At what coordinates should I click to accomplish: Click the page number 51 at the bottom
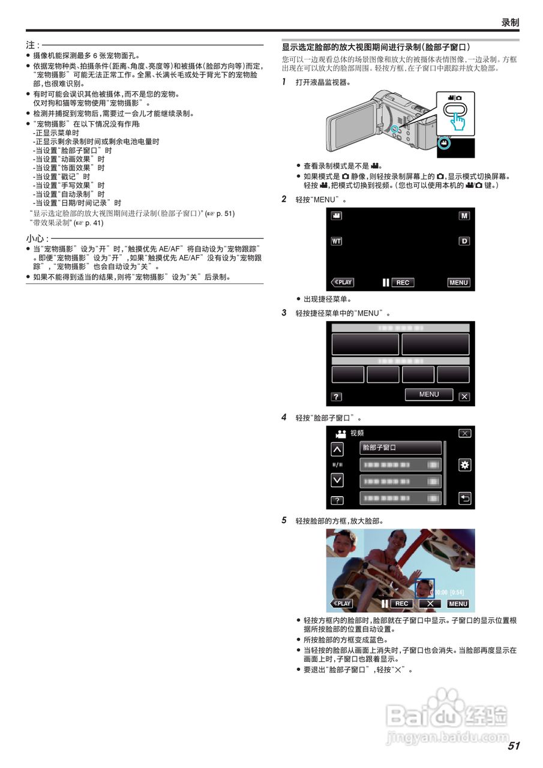click(513, 746)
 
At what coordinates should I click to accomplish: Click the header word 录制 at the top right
click(509, 22)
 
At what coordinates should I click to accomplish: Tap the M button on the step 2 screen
click(464, 215)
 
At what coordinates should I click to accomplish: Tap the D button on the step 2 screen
click(464, 241)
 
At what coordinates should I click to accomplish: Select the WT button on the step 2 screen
click(337, 241)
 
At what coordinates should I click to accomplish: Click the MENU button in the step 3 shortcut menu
click(428, 394)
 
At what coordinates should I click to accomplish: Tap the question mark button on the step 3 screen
click(337, 397)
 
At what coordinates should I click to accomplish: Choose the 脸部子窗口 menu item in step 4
click(400, 448)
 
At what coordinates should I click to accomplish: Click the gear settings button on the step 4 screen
click(464, 465)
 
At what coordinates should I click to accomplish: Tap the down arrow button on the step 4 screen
click(338, 480)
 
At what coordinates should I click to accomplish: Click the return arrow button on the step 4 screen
click(464, 498)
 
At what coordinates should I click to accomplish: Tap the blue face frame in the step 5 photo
click(425, 588)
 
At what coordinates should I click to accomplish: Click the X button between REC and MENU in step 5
click(430, 604)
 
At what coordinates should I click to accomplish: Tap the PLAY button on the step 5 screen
click(342, 604)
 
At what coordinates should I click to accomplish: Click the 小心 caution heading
click(33, 239)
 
